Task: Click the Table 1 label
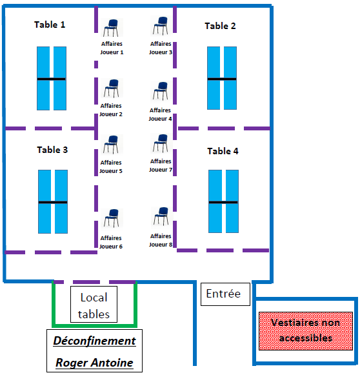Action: pyautogui.click(x=50, y=25)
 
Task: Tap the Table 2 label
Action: pyautogui.click(x=220, y=26)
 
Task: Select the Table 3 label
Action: pyautogui.click(x=52, y=150)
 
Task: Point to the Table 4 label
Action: pyautogui.click(x=223, y=151)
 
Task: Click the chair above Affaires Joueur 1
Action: pyautogui.click(x=111, y=28)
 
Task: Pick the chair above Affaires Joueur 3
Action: pyautogui.click(x=161, y=25)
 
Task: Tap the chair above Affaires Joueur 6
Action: pyautogui.click(x=112, y=218)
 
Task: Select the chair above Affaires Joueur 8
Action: pyautogui.click(x=161, y=216)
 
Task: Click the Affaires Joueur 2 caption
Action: pyautogui.click(x=111, y=110)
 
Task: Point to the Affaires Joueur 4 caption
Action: pyautogui.click(x=160, y=114)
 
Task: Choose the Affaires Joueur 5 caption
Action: pyautogui.click(x=111, y=167)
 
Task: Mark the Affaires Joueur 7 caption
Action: pyautogui.click(x=161, y=165)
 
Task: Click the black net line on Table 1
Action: pyautogui.click(x=52, y=79)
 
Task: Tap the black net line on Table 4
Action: pyautogui.click(x=223, y=202)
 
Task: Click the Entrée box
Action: pyautogui.click(x=225, y=294)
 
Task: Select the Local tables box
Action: pyautogui.click(x=94, y=304)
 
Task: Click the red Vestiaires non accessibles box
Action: pyautogui.click(x=306, y=331)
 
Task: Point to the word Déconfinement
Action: pyautogui.click(x=94, y=341)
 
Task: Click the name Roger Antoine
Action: pyautogui.click(x=94, y=363)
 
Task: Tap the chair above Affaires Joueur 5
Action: pyautogui.click(x=111, y=144)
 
